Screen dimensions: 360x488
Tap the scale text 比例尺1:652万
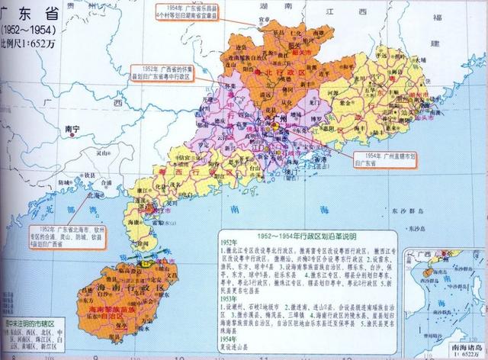point(30,41)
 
